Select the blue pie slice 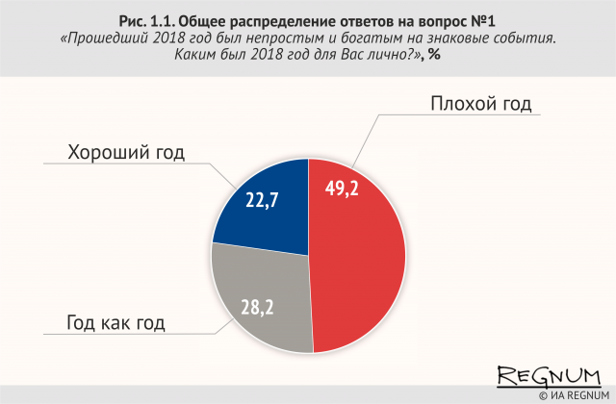pos(260,207)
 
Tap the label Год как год pos(116,322)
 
